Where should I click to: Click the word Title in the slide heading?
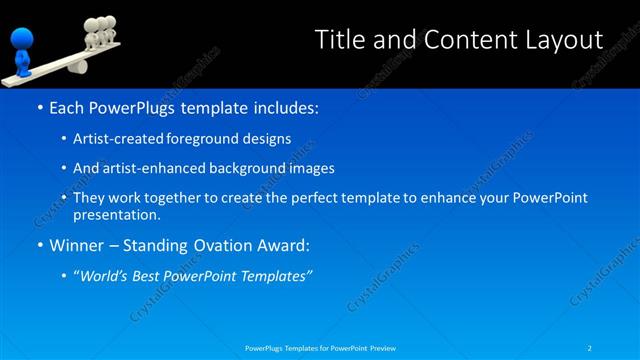(x=339, y=40)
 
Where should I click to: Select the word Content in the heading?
(x=459, y=40)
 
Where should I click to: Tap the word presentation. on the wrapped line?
(x=116, y=214)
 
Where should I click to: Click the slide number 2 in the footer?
(x=590, y=348)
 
